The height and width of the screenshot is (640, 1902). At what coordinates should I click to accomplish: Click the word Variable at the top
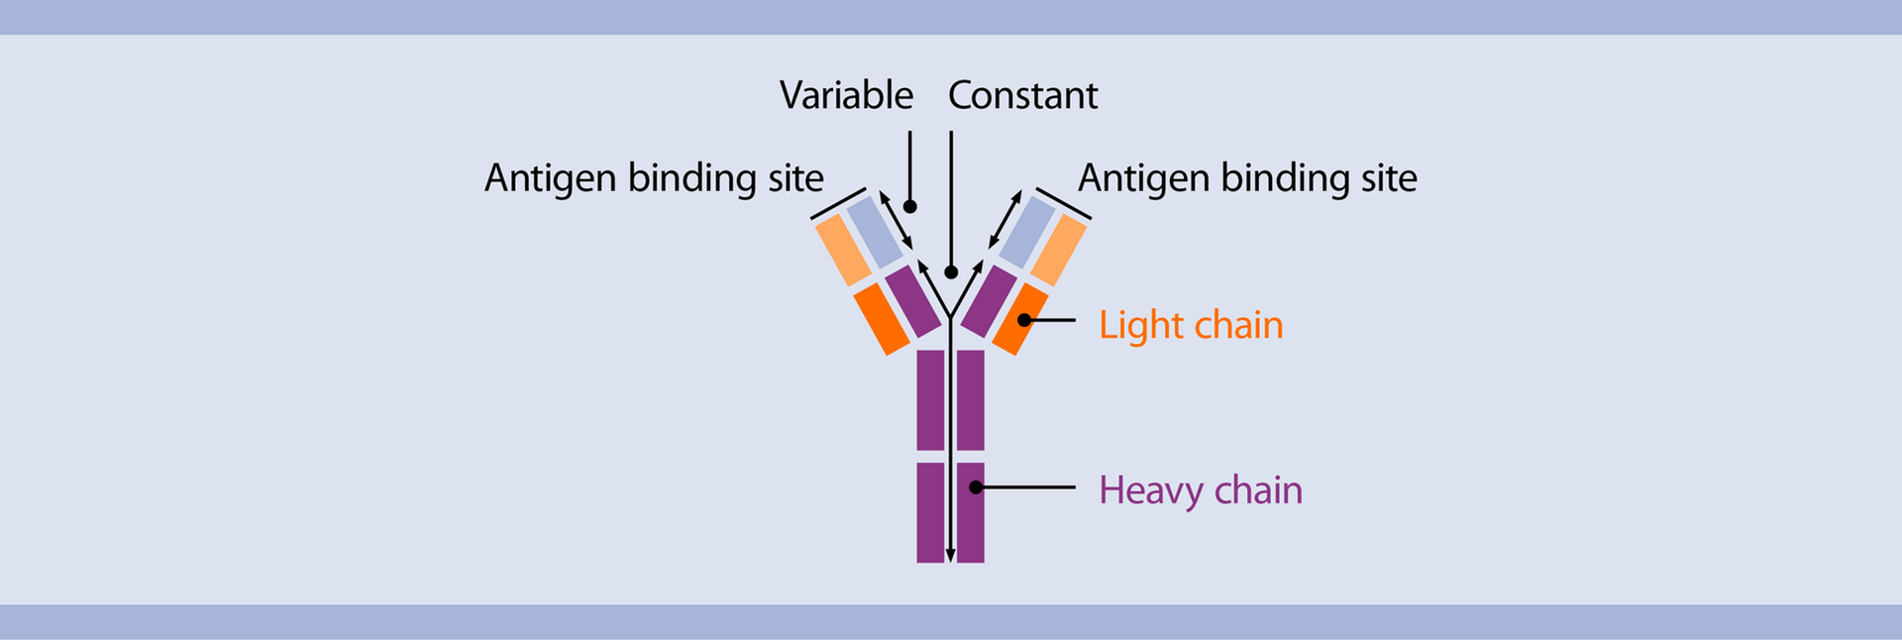[x=846, y=96]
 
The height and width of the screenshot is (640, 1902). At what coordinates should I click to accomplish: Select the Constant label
[x=1022, y=96]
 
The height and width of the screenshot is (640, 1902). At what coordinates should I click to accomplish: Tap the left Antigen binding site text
[x=654, y=178]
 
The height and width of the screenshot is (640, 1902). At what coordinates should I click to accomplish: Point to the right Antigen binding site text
[x=1247, y=178]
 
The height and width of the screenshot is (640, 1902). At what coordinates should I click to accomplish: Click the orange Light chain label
[x=1191, y=325]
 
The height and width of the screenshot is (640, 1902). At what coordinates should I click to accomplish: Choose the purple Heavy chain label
[x=1200, y=490]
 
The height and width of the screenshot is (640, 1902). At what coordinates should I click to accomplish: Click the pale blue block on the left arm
[x=876, y=232]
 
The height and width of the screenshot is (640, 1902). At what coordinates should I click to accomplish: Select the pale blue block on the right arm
[x=1026, y=232]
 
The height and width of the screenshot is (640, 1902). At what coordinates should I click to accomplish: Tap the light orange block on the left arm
[x=843, y=251]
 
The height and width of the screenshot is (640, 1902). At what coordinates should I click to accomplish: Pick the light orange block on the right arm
[x=1058, y=250]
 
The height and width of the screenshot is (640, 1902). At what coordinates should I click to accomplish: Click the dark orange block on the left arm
[x=882, y=318]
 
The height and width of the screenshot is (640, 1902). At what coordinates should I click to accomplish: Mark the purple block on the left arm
[x=912, y=300]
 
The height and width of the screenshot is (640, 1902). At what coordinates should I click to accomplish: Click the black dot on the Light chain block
[x=1024, y=320]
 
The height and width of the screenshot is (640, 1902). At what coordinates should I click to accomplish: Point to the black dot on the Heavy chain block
[x=976, y=487]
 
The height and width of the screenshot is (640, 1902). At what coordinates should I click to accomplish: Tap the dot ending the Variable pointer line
[x=909, y=207]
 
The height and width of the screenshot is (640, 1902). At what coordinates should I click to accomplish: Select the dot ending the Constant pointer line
[x=951, y=272]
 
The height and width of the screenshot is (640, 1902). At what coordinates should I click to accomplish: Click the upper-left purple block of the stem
[x=930, y=399]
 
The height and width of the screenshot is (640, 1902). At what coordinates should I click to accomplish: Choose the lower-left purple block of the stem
[x=930, y=512]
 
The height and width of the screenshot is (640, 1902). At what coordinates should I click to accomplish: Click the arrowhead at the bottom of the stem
[x=950, y=556]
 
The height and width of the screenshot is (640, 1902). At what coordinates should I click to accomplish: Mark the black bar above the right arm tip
[x=1063, y=203]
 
